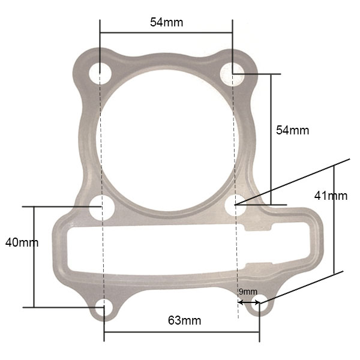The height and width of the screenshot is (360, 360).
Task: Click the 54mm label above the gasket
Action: pos(166,22)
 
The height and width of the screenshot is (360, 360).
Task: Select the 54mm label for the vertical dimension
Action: pos(292,130)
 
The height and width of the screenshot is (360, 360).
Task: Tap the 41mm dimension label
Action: pos(331,196)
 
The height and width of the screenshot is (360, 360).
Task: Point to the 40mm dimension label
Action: pos(22,242)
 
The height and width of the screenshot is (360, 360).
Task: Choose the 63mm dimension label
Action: pos(184,320)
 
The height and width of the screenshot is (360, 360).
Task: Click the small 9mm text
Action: pos(248,292)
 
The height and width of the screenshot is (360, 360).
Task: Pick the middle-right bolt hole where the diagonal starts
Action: pos(235,206)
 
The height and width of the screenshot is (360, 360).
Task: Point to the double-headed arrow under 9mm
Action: pos(248,301)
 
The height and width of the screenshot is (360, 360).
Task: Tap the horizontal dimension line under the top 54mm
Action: pos(166,33)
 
